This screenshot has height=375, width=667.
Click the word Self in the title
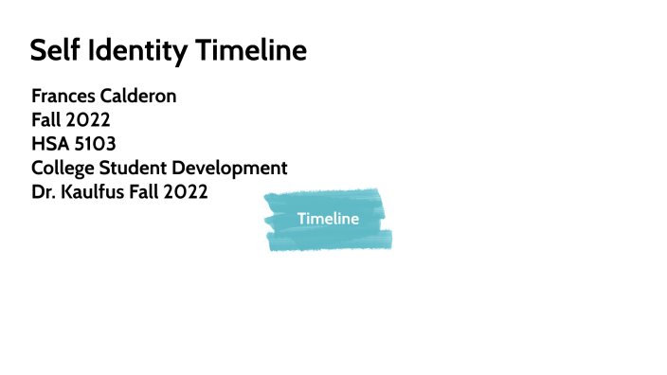[x=53, y=50]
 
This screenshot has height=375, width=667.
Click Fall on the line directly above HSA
[x=46, y=120]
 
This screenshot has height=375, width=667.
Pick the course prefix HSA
[x=47, y=145]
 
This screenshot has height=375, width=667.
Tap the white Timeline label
[x=328, y=219]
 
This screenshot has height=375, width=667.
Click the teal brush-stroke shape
[x=284, y=237]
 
